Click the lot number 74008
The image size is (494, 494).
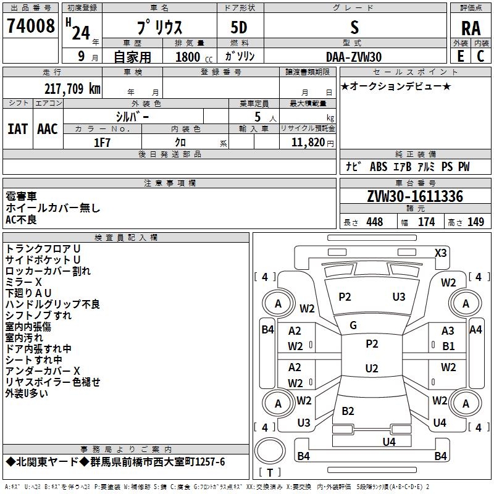pyautogui.click(x=30, y=27)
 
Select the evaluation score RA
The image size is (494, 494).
pyautogui.click(x=471, y=28)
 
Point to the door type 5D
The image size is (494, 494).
pyautogui.click(x=239, y=28)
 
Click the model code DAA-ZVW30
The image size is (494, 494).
pyautogui.click(x=354, y=57)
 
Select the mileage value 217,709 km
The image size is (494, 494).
pyautogui.click(x=72, y=89)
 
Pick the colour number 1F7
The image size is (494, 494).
pyautogui.click(x=102, y=143)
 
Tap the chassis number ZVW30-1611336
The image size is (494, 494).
pyautogui.click(x=414, y=197)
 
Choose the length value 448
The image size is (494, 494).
pyautogui.click(x=374, y=222)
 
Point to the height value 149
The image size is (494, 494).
pyautogui.click(x=475, y=222)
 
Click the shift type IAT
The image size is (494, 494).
pyautogui.click(x=17, y=129)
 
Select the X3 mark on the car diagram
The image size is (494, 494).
pyautogui.click(x=441, y=253)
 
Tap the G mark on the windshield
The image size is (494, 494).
pyautogui.click(x=353, y=325)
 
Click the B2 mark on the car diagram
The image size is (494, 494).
pyautogui.click(x=348, y=411)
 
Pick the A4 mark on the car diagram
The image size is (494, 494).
pyautogui.click(x=475, y=330)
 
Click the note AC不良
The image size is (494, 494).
pyautogui.click(x=22, y=219)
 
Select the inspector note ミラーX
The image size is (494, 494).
pyautogui.click(x=23, y=282)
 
